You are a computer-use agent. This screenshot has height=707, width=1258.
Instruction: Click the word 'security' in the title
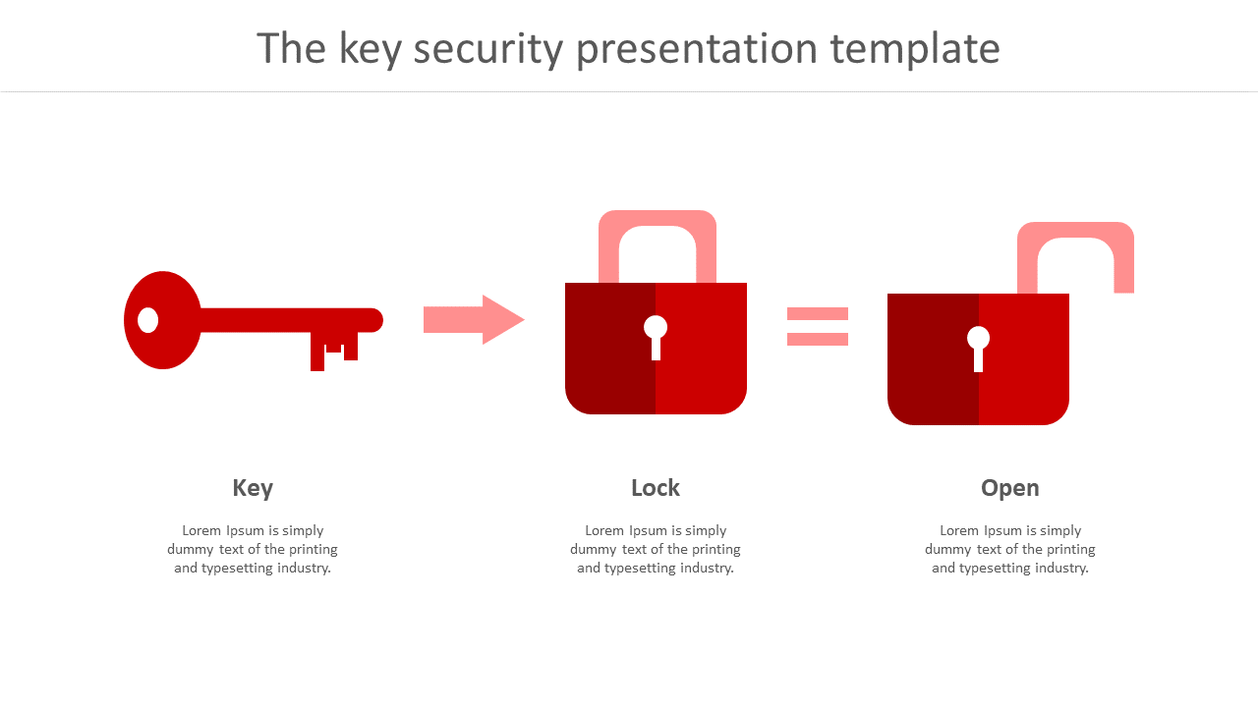[x=488, y=49]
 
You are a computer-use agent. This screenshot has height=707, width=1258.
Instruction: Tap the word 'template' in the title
[x=915, y=49]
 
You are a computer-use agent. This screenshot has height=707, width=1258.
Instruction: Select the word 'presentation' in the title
[x=697, y=49]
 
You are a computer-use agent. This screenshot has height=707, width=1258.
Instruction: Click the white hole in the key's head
[x=147, y=320]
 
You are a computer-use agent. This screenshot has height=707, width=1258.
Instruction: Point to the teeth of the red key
[x=334, y=351]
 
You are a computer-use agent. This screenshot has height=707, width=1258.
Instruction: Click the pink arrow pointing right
[x=474, y=319]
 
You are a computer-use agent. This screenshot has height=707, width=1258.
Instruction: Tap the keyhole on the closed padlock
[x=656, y=337]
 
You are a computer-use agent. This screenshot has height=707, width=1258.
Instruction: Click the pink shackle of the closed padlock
[x=658, y=246]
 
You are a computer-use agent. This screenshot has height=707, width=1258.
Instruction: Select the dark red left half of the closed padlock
[x=610, y=349]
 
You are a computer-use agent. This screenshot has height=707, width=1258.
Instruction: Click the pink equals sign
[x=818, y=326]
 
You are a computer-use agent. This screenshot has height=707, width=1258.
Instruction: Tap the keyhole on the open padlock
[x=978, y=349]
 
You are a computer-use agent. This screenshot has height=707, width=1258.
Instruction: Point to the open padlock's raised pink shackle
[x=1075, y=257]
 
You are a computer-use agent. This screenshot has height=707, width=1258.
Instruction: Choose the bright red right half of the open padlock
[x=1024, y=359]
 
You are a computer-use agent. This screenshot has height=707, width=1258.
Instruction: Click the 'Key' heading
[x=253, y=488]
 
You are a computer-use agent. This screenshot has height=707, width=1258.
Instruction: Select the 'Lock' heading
[x=656, y=488]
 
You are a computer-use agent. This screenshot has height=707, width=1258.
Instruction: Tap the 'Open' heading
[x=1009, y=489]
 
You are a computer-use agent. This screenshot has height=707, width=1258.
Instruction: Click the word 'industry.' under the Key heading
[x=304, y=568]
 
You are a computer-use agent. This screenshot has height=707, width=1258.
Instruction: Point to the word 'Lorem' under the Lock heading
[x=604, y=530]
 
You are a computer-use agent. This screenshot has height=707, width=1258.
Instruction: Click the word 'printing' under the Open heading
[x=1071, y=549]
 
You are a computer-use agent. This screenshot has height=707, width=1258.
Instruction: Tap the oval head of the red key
[x=162, y=320]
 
